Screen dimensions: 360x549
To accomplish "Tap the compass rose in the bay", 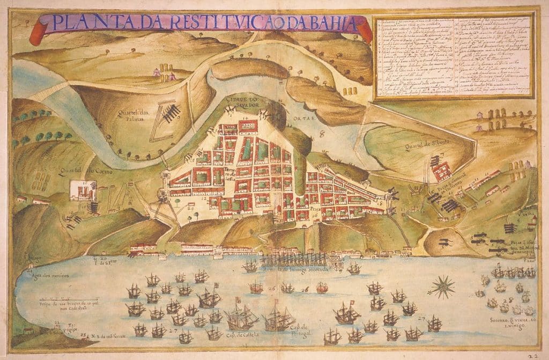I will click(x=443, y=286).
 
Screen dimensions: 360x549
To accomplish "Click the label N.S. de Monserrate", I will click(x=107, y=337).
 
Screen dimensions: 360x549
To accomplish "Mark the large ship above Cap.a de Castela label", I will click(x=240, y=319).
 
